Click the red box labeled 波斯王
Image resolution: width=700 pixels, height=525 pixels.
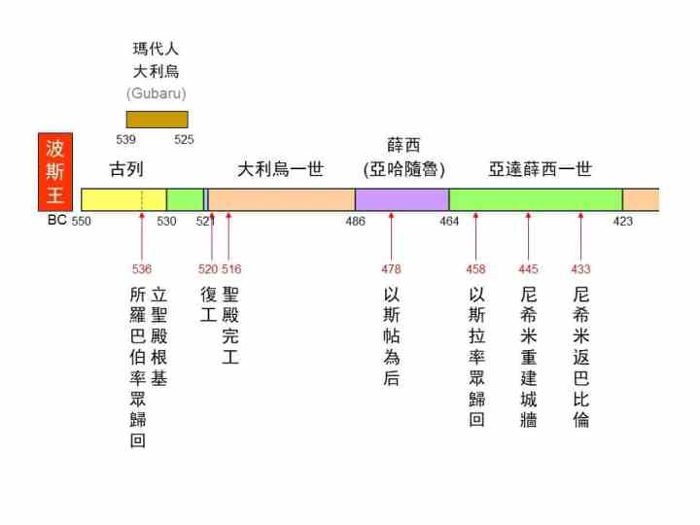(55, 172)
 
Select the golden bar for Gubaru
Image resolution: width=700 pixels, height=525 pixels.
(157, 120)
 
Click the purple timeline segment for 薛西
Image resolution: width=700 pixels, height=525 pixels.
(402, 199)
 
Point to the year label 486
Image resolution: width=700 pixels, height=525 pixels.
(355, 222)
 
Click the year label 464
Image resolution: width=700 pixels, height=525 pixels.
(449, 222)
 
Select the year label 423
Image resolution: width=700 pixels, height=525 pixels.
(622, 222)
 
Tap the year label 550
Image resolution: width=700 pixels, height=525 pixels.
(82, 222)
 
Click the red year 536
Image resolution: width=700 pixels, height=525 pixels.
(142, 269)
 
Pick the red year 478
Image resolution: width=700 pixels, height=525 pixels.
(391, 269)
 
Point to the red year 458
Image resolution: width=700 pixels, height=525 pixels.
(475, 269)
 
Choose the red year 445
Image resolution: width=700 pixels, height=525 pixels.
(528, 269)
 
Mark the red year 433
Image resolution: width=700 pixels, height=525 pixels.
(580, 269)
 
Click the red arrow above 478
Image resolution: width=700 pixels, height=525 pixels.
(391, 236)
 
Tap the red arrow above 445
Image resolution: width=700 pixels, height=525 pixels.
(528, 236)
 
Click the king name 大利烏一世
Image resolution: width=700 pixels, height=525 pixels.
(281, 169)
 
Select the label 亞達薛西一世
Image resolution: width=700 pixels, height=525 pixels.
(540, 169)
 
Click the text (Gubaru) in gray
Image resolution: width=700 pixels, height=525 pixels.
(156, 93)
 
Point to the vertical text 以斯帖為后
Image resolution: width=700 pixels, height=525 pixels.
(391, 335)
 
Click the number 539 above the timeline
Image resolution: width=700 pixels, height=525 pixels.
(126, 139)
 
